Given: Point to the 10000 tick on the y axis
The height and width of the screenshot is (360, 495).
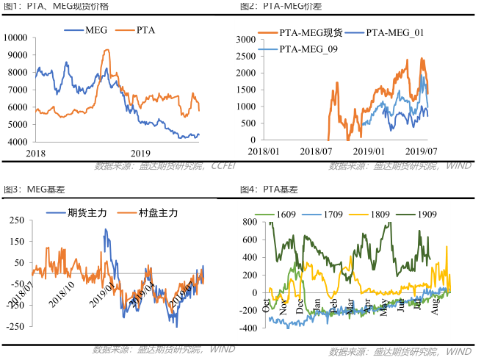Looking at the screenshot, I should (x=15, y=37).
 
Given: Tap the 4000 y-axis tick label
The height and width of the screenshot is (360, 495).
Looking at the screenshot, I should (x=18, y=142).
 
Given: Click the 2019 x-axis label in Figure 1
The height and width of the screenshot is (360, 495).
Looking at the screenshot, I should (x=140, y=153).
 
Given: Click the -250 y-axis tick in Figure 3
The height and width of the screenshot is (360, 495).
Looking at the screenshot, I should (x=12, y=325).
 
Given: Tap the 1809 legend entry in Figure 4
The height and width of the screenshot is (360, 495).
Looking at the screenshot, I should (x=377, y=215).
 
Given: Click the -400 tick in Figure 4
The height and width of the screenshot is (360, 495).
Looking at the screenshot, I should (x=247, y=328).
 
